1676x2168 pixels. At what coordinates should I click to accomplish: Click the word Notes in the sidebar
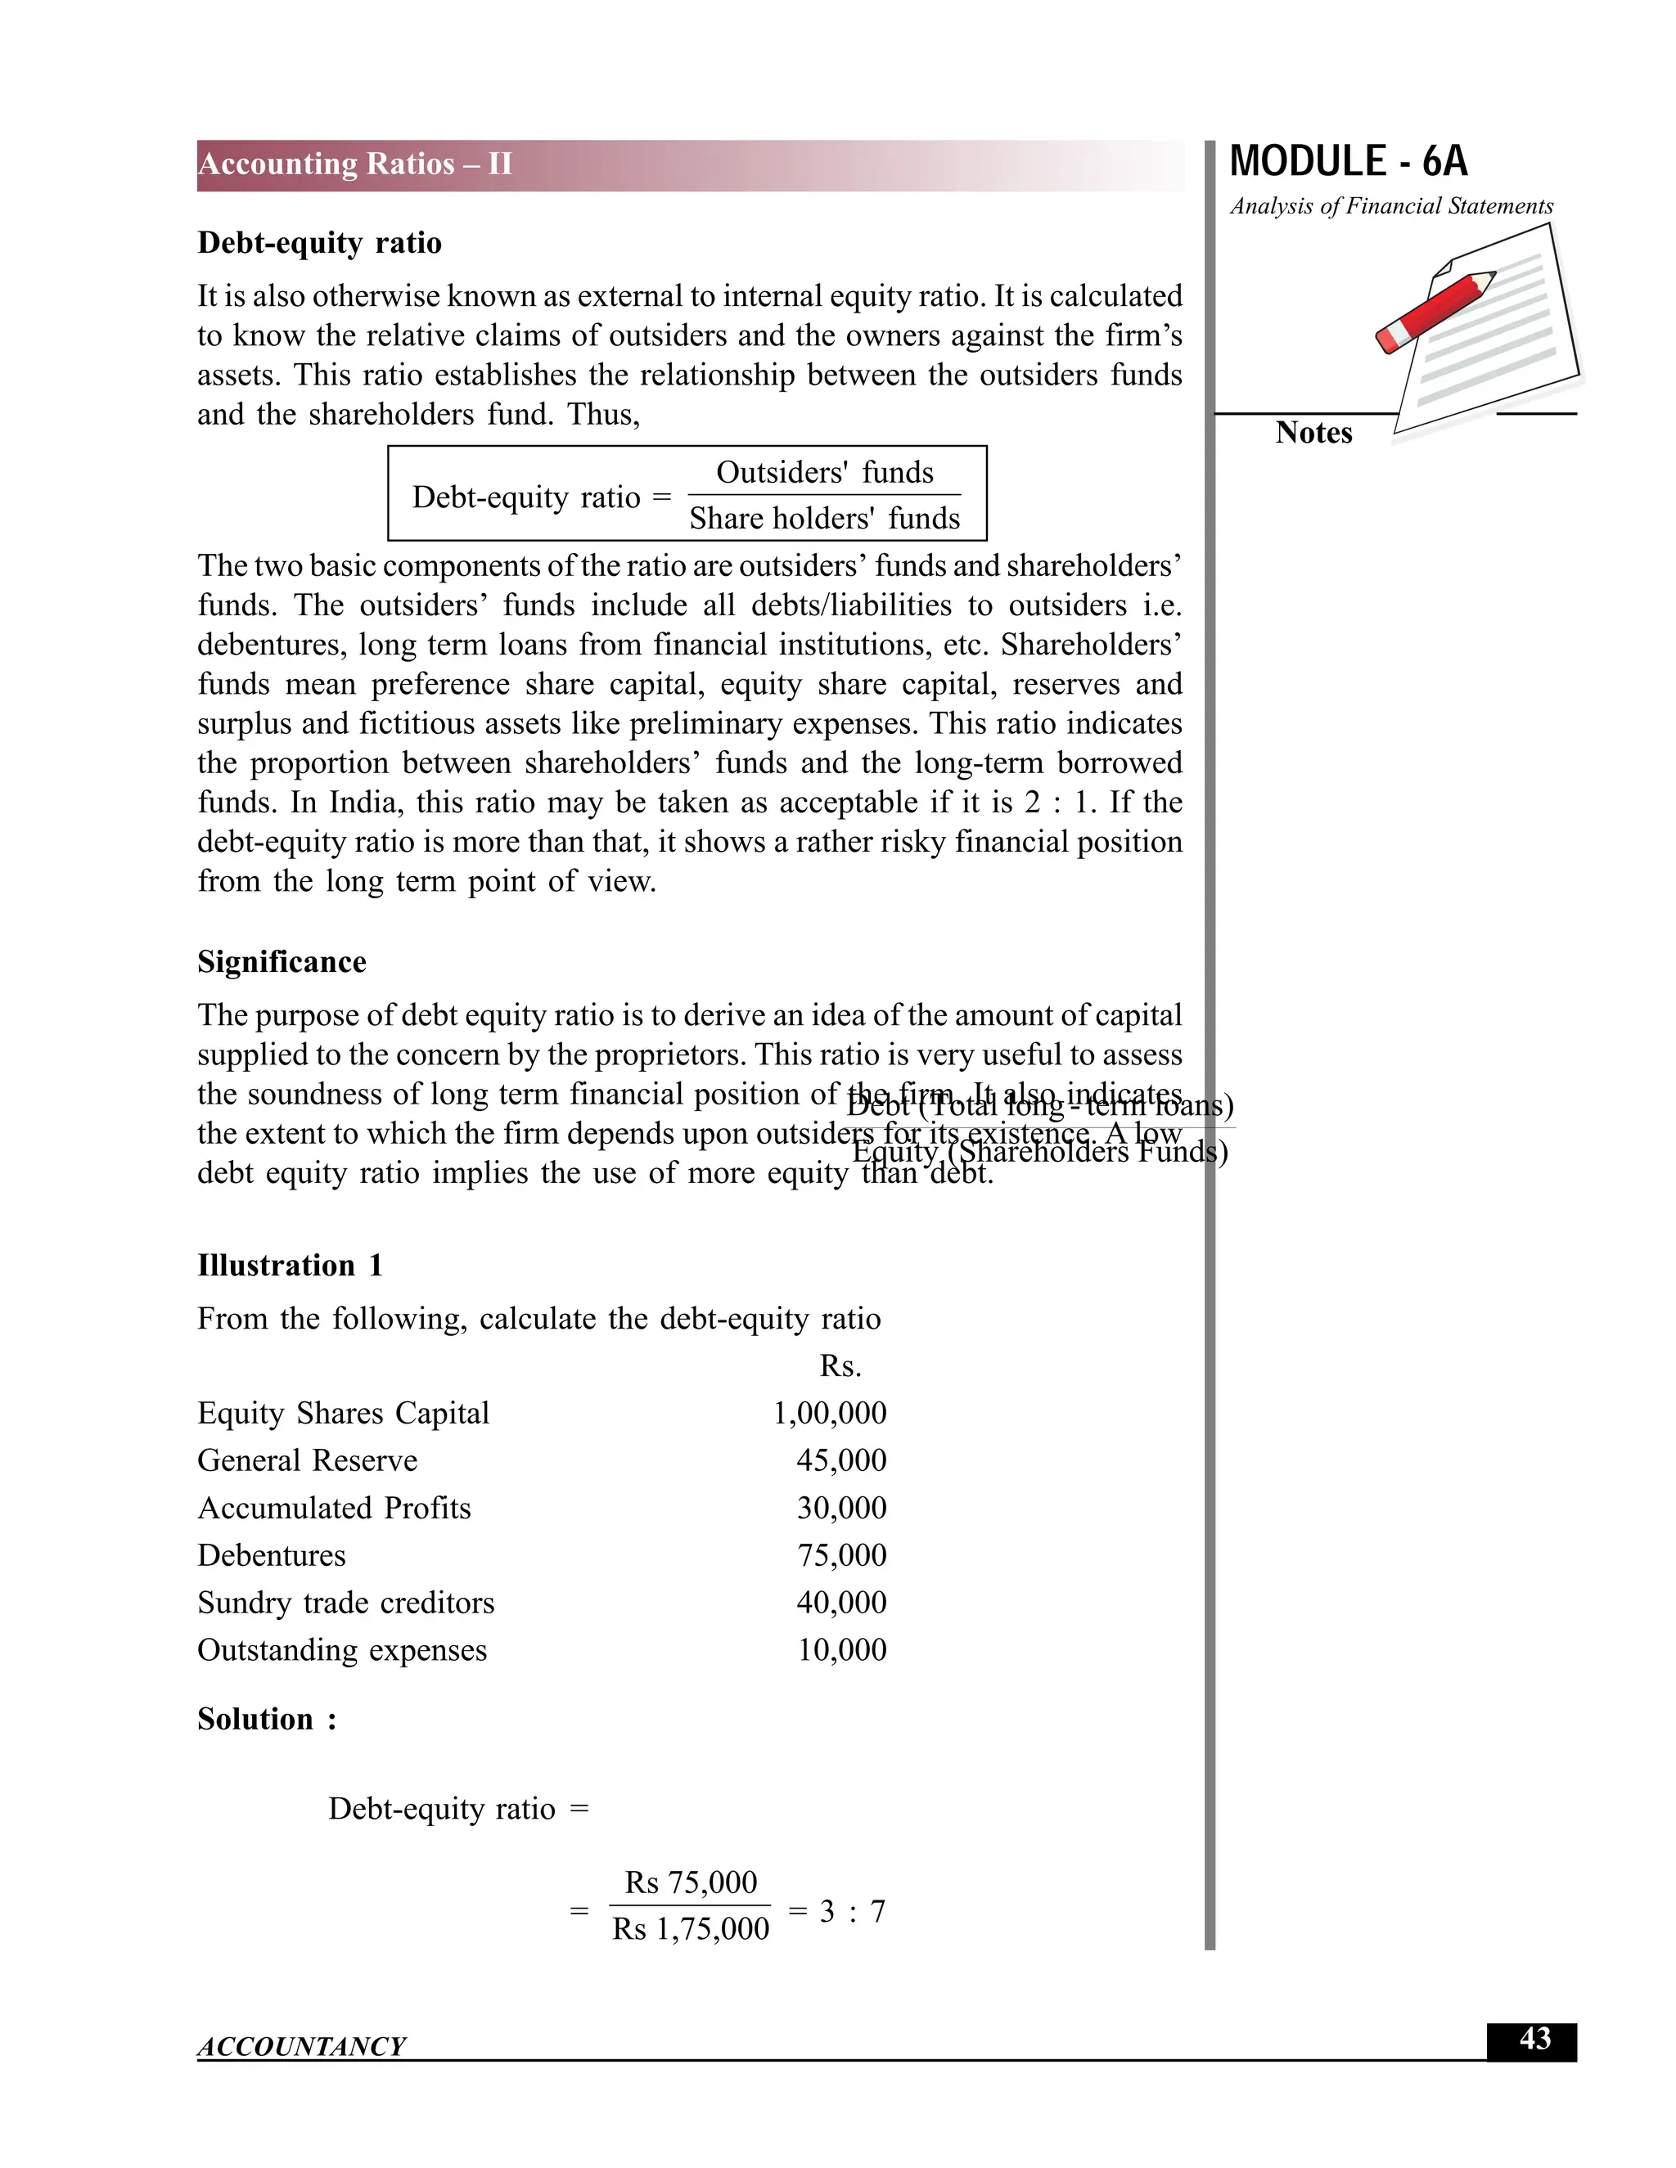pos(1313,433)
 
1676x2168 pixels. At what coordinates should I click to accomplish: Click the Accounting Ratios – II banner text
pos(354,164)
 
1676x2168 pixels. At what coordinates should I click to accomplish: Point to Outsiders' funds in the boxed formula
pos(824,473)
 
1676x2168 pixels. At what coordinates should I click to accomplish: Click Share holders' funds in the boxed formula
pos(824,518)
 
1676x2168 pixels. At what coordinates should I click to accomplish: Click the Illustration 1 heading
pos(289,1266)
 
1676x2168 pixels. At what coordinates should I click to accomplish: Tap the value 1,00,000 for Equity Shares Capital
pos(829,1413)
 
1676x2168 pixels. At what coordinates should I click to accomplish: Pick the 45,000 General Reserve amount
pos(841,1460)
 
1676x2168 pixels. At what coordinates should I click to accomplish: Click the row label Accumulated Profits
pos(334,1508)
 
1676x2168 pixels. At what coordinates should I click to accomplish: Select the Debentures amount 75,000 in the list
pos(841,1555)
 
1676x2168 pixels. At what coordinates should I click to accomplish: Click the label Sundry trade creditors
pos(345,1602)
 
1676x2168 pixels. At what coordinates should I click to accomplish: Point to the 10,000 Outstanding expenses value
pos(841,1650)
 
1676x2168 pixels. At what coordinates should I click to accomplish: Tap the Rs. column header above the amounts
pos(840,1367)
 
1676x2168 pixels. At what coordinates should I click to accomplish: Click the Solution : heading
pos(266,1720)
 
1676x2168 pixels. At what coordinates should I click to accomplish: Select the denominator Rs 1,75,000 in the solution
pos(690,1929)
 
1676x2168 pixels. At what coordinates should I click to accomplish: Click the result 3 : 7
pos(851,1911)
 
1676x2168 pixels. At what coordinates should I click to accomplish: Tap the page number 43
pos(1534,2039)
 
